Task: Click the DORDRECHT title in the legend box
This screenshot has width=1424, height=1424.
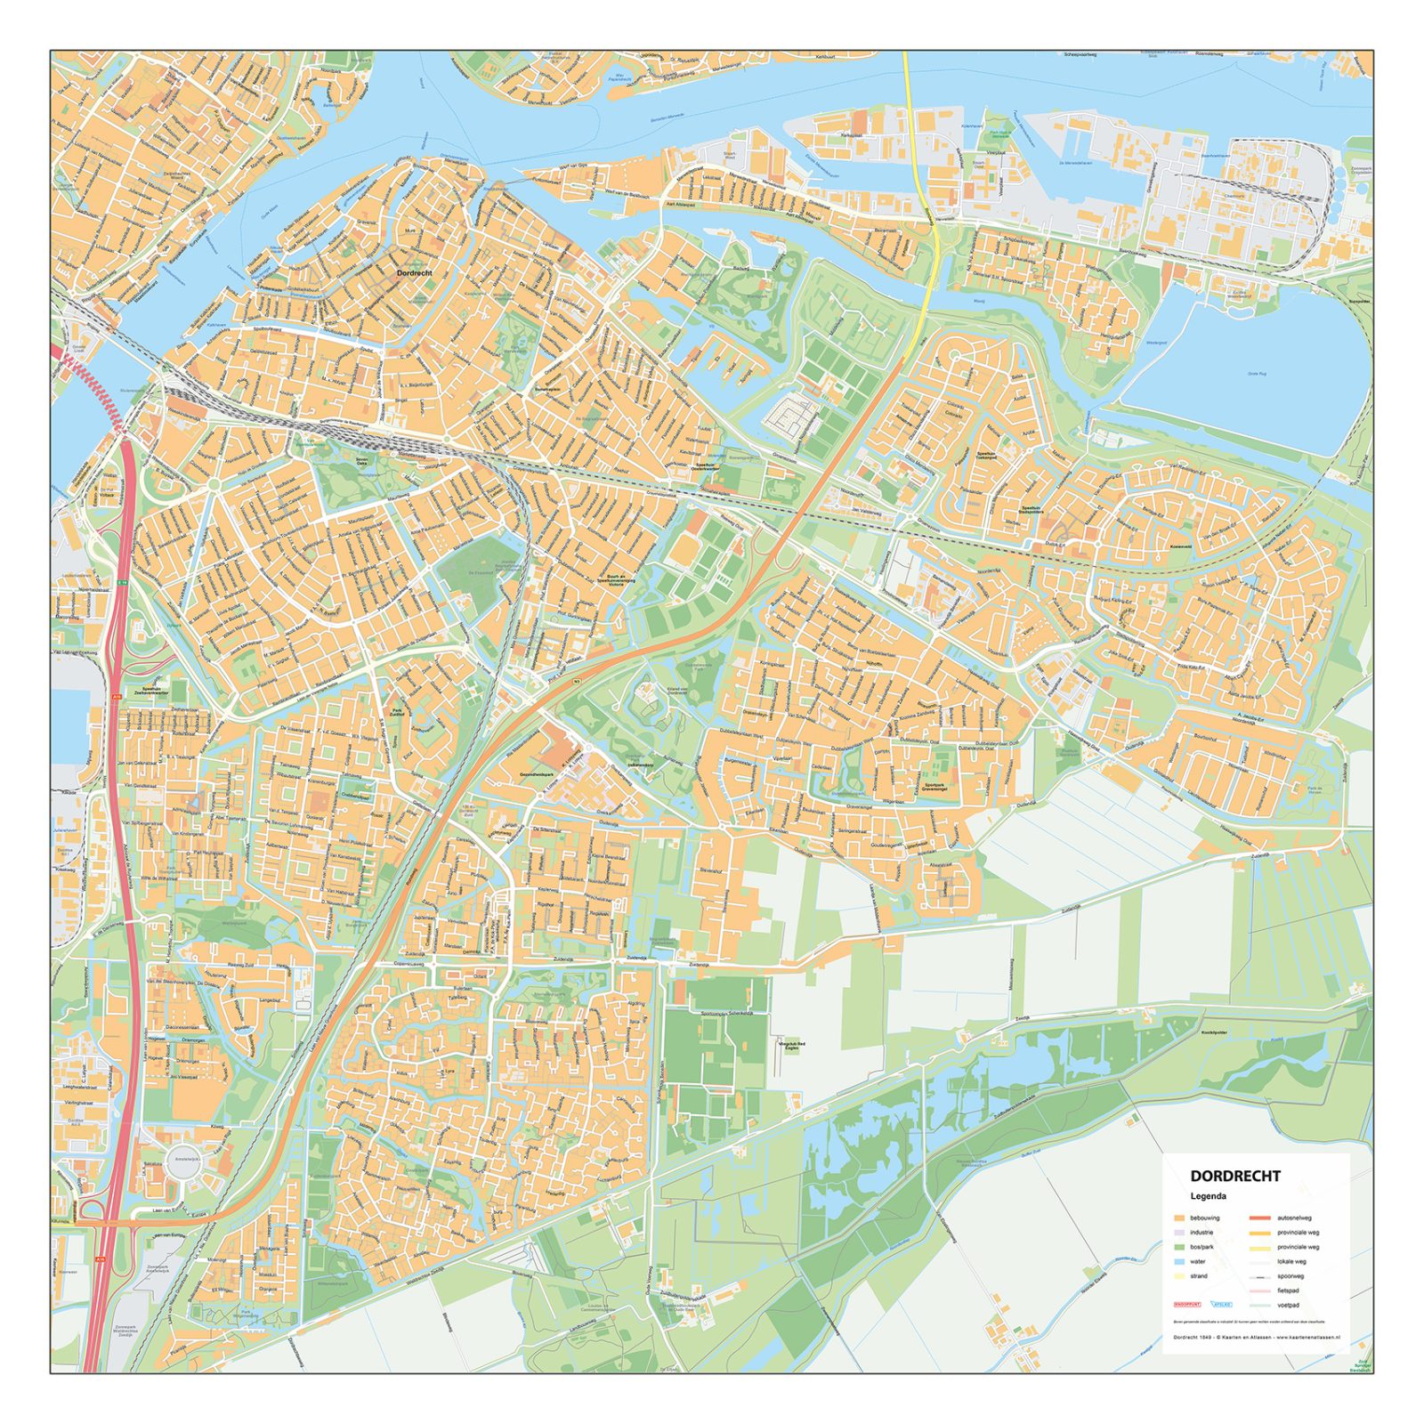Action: point(1235,1176)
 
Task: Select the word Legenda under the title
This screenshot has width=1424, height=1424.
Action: point(1209,1196)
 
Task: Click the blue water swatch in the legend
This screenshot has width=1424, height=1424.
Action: point(1179,1261)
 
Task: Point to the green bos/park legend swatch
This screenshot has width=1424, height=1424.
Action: point(1179,1247)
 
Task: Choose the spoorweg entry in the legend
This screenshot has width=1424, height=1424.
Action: point(1289,1276)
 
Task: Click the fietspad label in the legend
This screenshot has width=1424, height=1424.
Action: point(1287,1290)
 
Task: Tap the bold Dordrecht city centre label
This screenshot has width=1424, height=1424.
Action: point(414,273)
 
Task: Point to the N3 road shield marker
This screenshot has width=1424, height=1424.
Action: point(577,682)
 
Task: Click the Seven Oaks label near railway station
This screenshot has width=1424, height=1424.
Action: point(360,461)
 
